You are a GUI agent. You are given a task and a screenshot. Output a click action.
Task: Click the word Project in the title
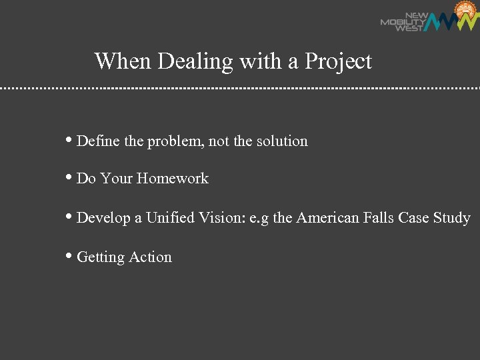point(338,62)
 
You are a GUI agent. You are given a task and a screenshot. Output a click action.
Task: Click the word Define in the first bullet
point(97,141)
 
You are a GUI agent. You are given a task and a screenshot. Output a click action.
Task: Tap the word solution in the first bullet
point(282,141)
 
